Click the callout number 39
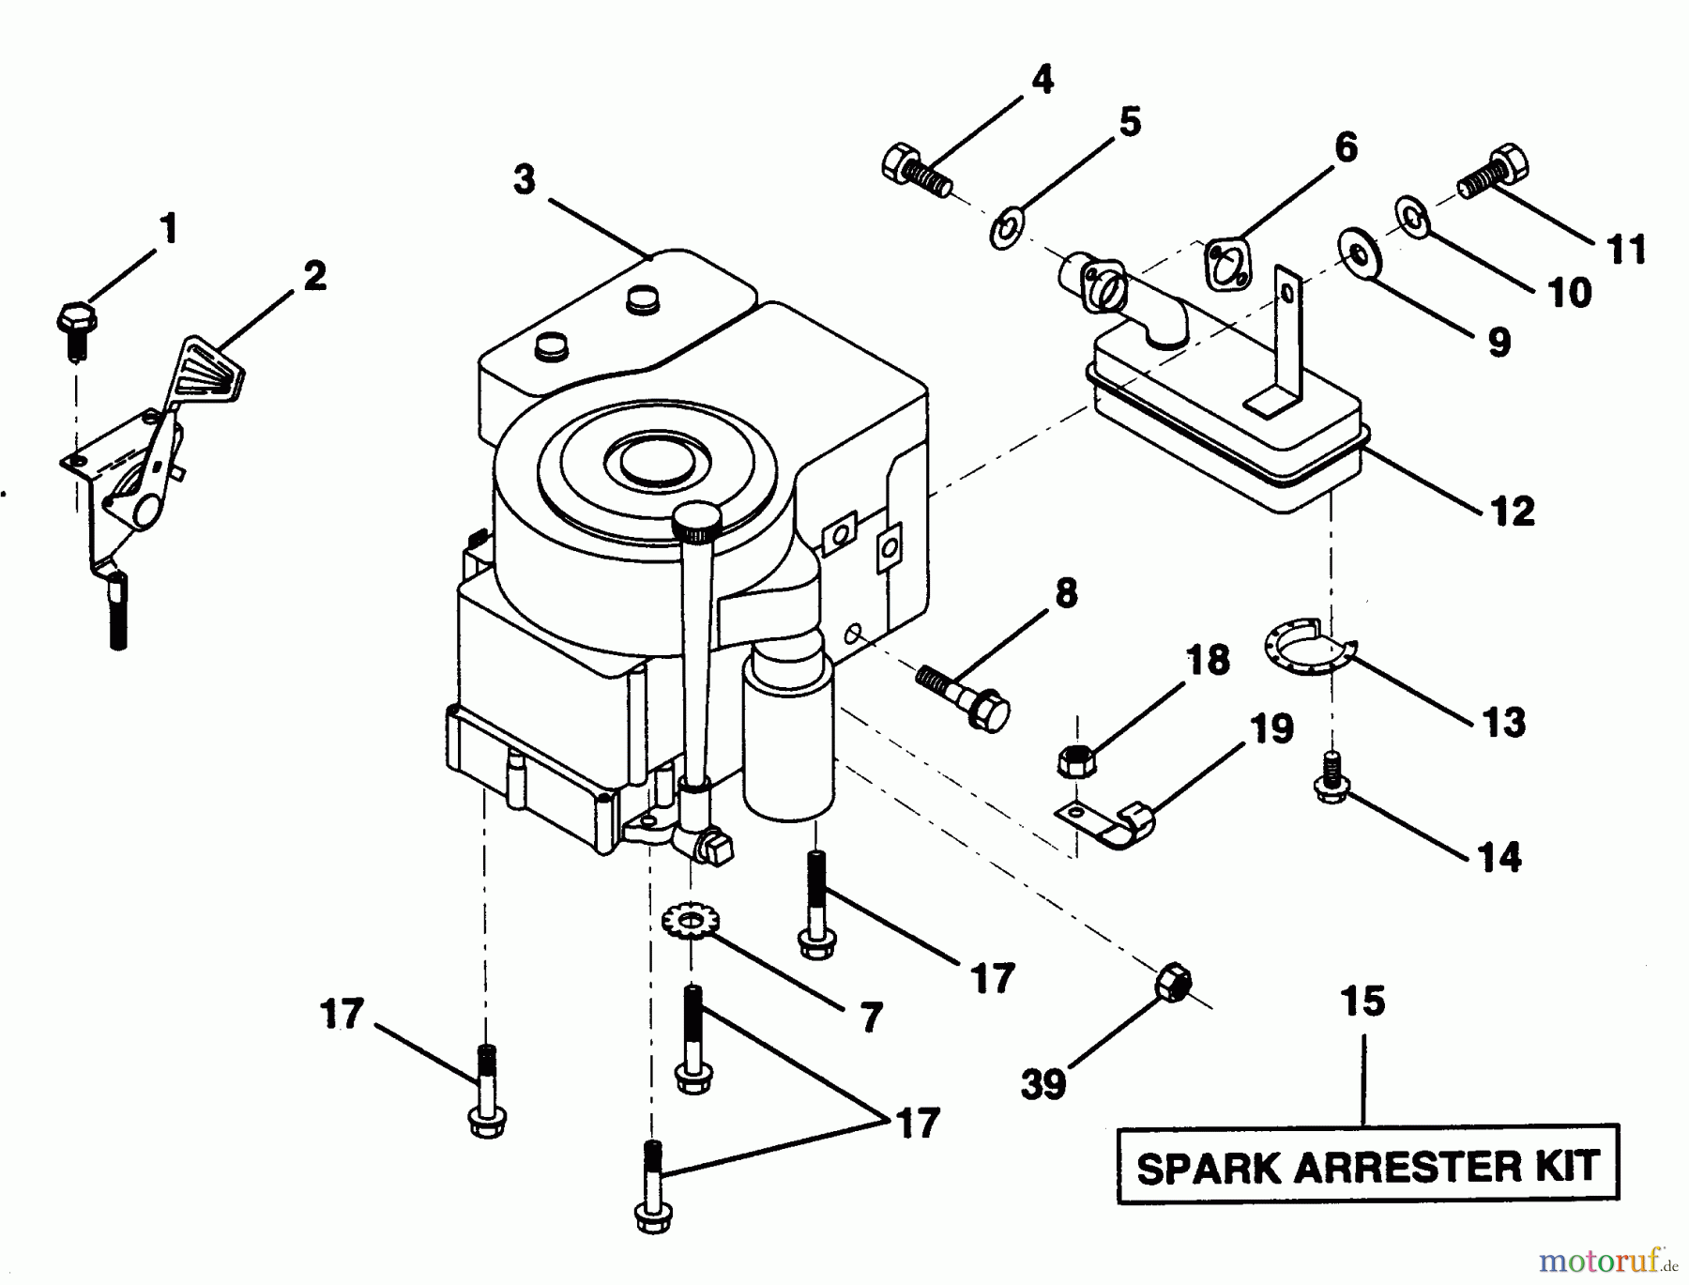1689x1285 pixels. (1042, 1085)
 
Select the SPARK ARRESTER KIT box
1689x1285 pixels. (1367, 1166)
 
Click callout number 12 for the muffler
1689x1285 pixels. (1512, 511)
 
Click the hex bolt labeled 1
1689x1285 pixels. (77, 325)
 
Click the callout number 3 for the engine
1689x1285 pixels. (524, 178)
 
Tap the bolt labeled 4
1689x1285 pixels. (917, 170)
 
